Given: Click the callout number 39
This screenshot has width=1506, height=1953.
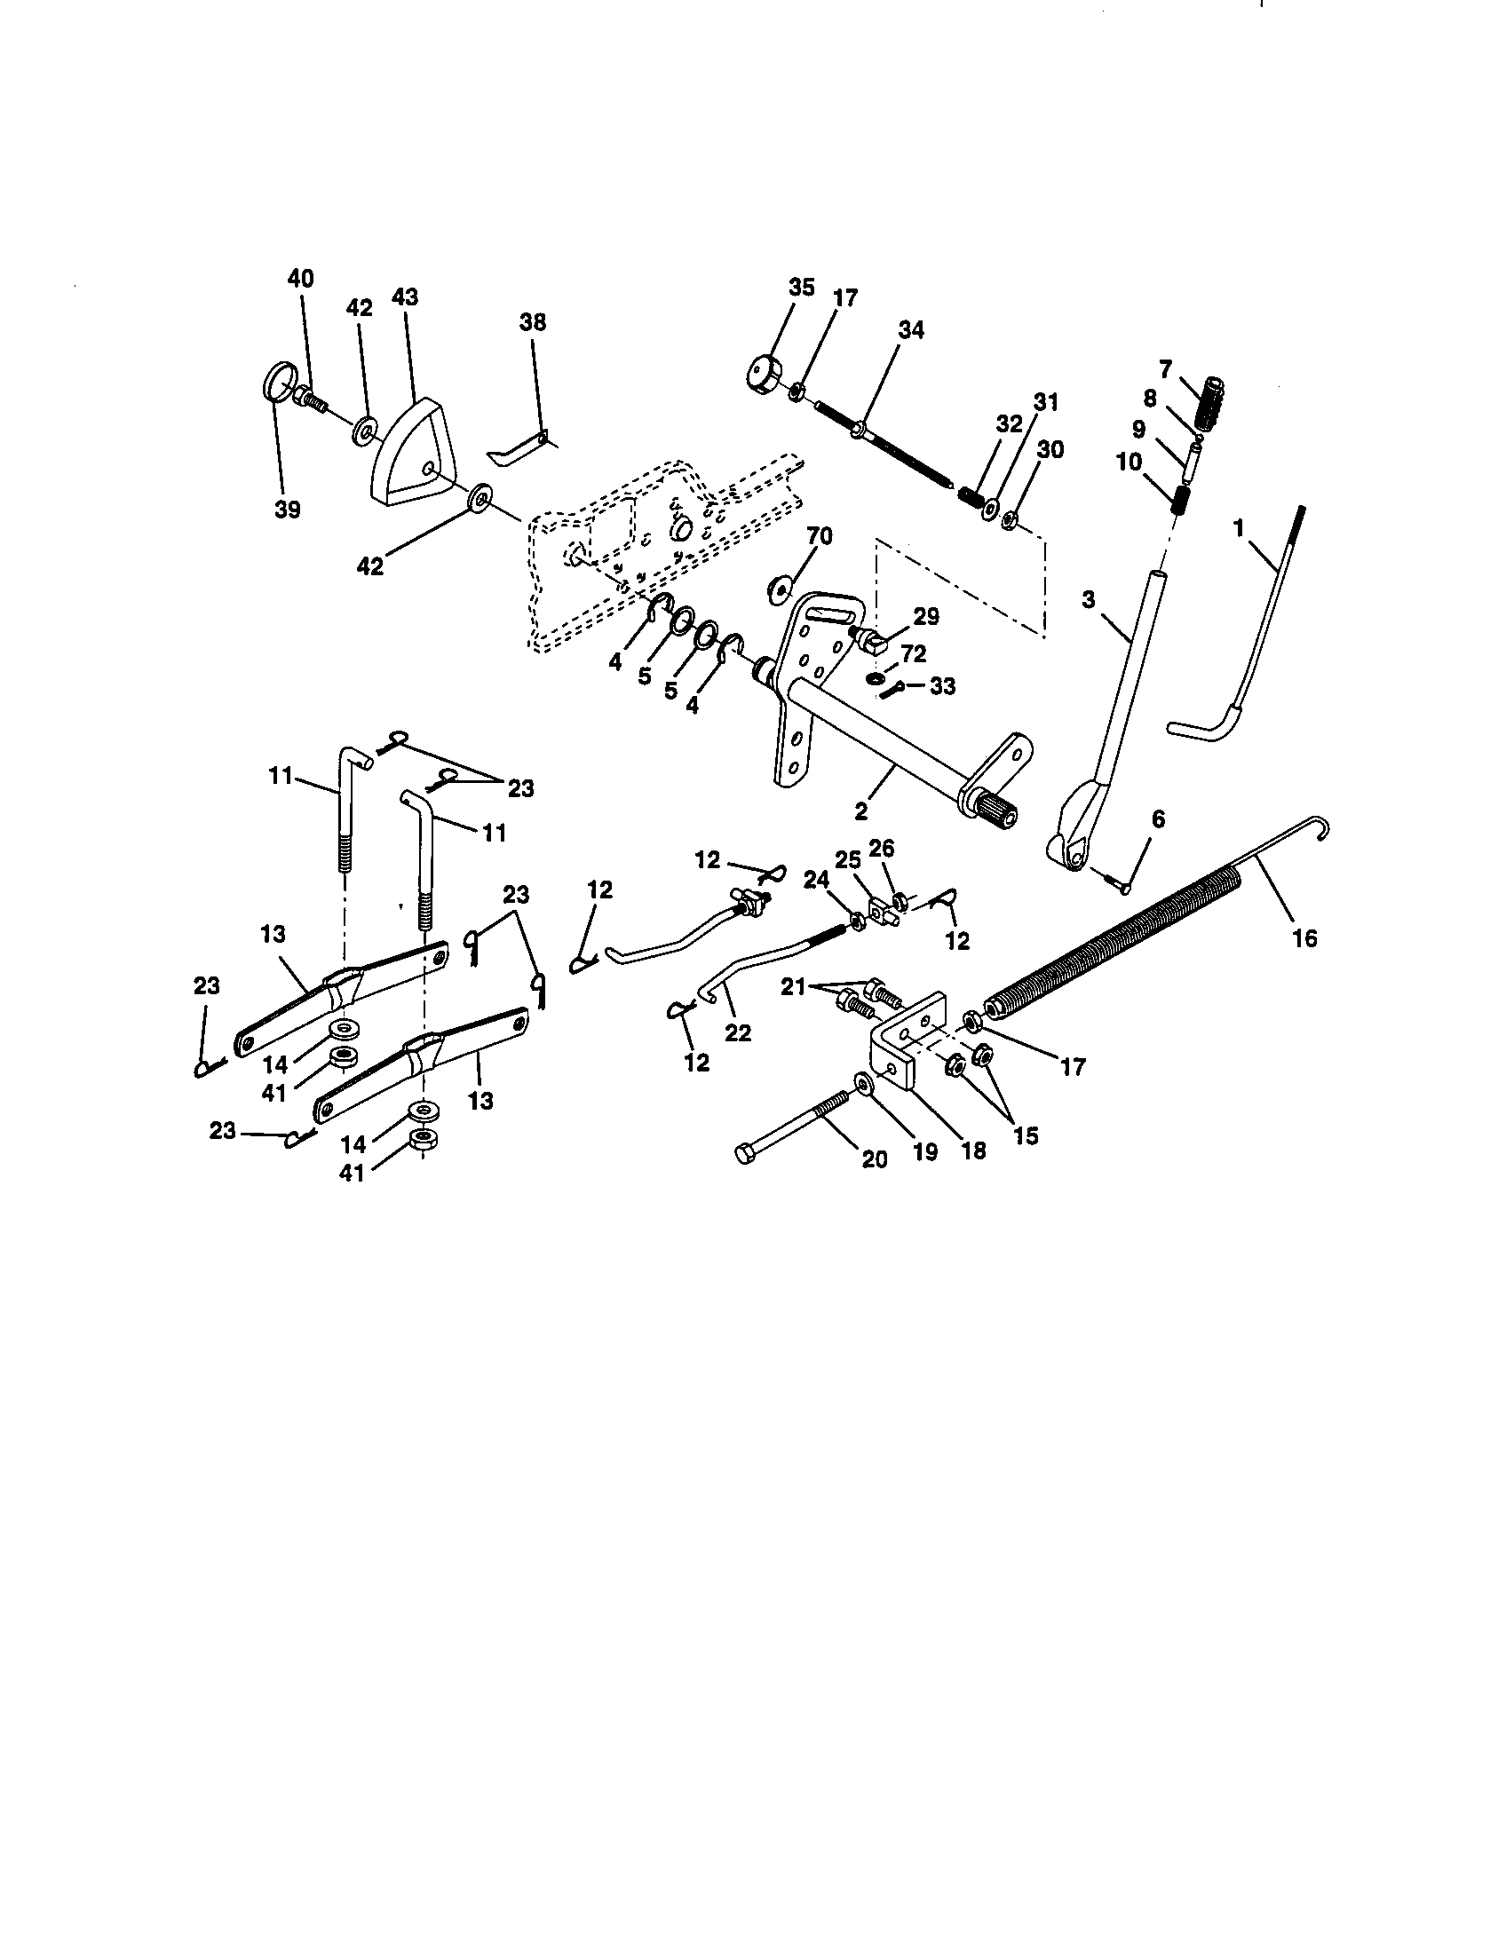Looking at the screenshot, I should (287, 510).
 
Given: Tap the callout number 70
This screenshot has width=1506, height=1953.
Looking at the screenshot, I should (820, 535).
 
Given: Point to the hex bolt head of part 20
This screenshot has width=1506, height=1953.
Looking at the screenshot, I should (744, 1153).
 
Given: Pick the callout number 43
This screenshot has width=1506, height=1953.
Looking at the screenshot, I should (404, 297).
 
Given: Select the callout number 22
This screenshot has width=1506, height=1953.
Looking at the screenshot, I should (738, 1032).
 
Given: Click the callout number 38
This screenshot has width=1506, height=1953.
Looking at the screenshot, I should (532, 322).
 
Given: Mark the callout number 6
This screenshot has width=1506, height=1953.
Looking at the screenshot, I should (1157, 819).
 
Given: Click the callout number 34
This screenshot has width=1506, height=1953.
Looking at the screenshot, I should (910, 330).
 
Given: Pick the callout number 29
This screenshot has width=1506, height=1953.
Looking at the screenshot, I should (926, 617).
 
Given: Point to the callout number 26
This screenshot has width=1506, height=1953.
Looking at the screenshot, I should (881, 848).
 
